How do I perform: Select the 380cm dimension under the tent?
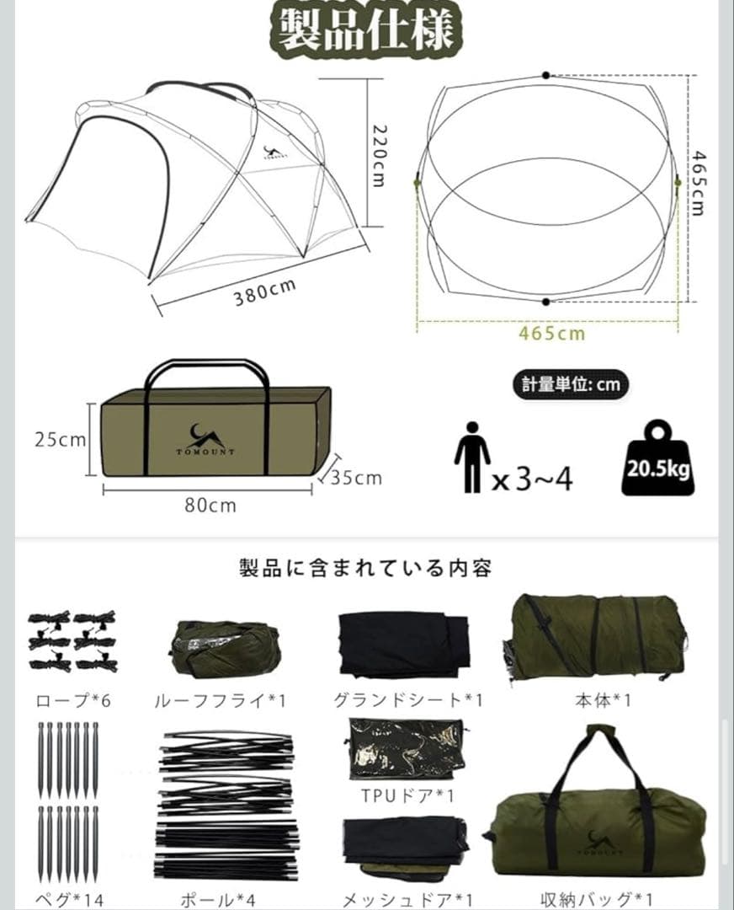[264, 292]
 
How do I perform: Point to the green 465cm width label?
[551, 333]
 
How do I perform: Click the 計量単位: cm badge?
[571, 384]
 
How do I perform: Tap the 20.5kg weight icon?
[658, 459]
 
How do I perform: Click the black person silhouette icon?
[471, 458]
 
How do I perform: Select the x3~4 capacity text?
[532, 480]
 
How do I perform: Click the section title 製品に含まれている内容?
[365, 568]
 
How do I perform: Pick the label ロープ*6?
[72, 700]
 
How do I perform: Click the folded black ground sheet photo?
[403, 645]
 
